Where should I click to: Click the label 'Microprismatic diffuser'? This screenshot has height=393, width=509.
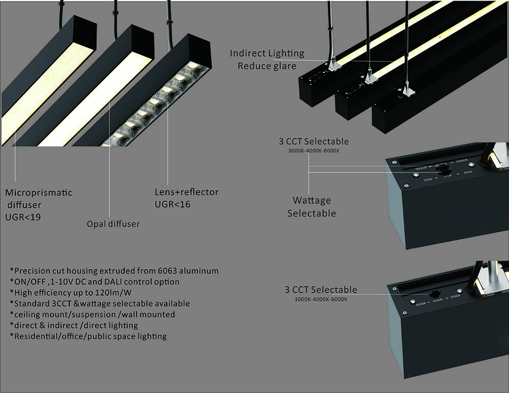[39, 199]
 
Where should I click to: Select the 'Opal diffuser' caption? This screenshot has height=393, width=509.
[113, 224]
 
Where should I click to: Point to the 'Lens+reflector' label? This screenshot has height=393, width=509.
[187, 192]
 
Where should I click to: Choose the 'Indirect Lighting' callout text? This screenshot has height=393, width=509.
[267, 53]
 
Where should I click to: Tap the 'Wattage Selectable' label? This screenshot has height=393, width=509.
[312, 207]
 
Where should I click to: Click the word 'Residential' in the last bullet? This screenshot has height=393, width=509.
[36, 336]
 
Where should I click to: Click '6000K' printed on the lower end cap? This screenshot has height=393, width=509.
[455, 296]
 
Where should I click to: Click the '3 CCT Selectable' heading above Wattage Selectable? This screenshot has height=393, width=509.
[314, 141]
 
